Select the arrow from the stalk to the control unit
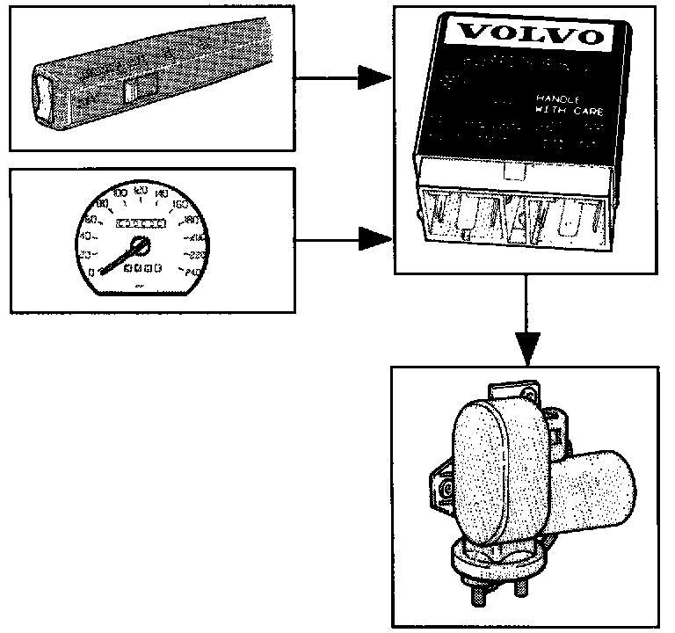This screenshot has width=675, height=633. (x=343, y=78)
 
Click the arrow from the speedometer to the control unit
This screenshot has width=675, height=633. (x=343, y=237)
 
